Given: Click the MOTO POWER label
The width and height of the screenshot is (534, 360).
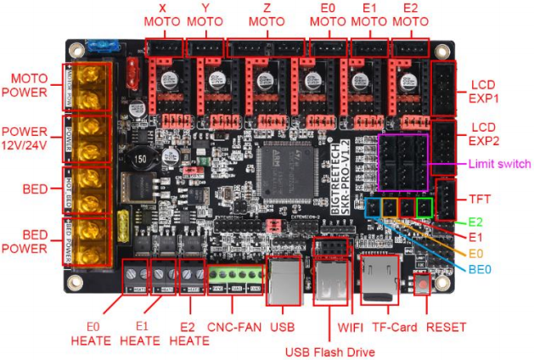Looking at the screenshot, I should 29,85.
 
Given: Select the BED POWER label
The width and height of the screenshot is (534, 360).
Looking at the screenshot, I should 29,241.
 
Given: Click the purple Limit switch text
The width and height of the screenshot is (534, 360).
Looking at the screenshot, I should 499,164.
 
